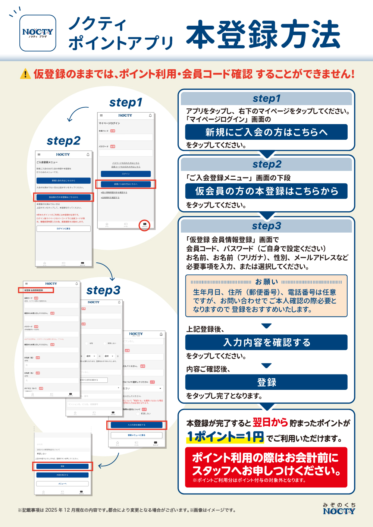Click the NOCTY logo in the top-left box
click(38, 33)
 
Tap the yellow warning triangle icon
click(25, 74)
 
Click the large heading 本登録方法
click(263, 35)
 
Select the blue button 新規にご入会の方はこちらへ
click(266, 132)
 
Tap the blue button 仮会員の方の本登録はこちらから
click(266, 191)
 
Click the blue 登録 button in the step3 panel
click(266, 382)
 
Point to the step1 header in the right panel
click(266, 98)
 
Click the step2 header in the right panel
click(266, 164)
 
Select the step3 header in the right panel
click(266, 226)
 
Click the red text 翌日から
click(270, 422)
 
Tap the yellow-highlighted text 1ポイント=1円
click(225, 437)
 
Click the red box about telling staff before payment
click(266, 467)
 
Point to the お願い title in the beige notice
click(266, 282)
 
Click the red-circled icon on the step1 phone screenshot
click(144, 225)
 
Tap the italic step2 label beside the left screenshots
click(63, 141)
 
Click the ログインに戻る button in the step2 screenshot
click(63, 229)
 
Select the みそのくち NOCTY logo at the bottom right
click(339, 509)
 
